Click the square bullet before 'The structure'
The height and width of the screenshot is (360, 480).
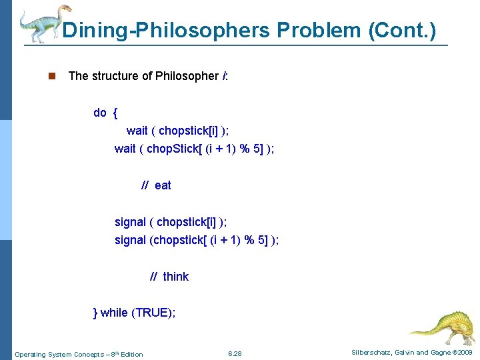click(51, 76)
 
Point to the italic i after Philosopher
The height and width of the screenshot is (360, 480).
click(223, 76)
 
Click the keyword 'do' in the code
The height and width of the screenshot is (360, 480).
click(100, 113)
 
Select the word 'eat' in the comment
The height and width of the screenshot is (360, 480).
click(163, 185)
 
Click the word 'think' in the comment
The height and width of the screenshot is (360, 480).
click(175, 277)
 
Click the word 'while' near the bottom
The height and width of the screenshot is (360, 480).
click(114, 313)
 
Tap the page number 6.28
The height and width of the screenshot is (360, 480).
click(235, 353)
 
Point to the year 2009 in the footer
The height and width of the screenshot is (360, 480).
click(463, 352)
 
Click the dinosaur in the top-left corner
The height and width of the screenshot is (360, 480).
click(43, 23)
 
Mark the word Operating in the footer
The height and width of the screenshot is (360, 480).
click(29, 354)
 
